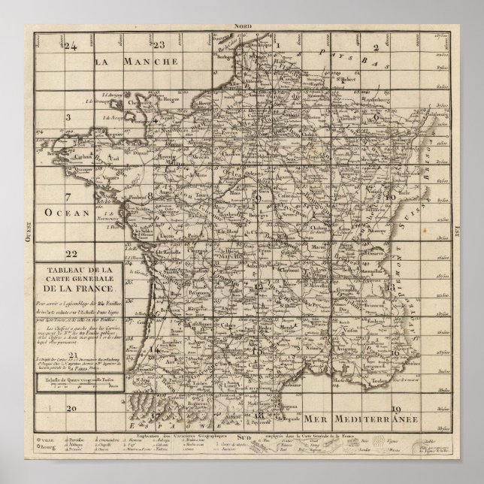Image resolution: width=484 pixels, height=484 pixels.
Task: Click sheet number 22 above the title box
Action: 71,253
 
